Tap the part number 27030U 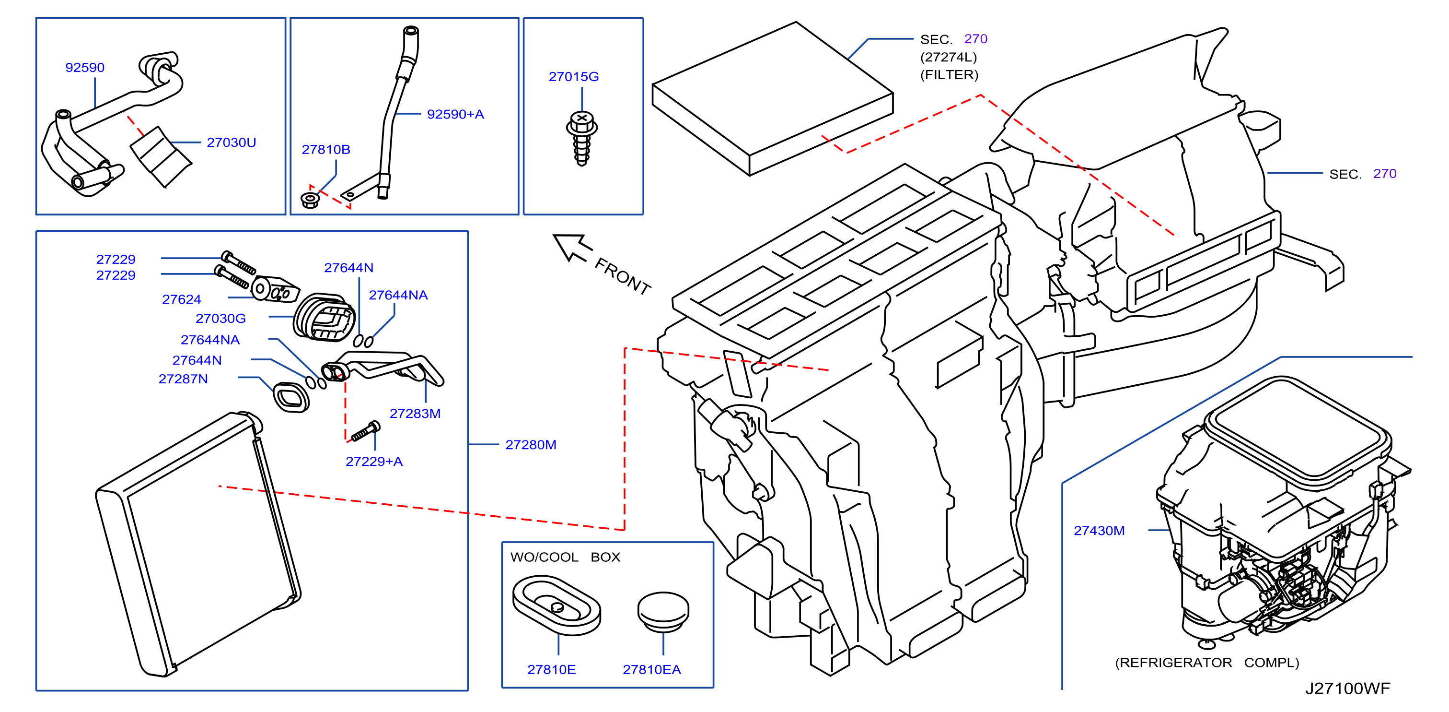pyautogui.click(x=231, y=142)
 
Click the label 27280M pyautogui.click(x=531, y=445)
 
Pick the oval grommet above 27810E pyautogui.click(x=556, y=605)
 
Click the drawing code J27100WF pyautogui.click(x=1347, y=688)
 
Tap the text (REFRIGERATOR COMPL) pyautogui.click(x=1206, y=663)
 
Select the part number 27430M pyautogui.click(x=1099, y=531)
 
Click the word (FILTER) pyautogui.click(x=949, y=75)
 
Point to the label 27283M pyautogui.click(x=415, y=414)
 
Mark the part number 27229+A pyautogui.click(x=374, y=462)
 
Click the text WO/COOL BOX pyautogui.click(x=565, y=557)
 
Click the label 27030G pyautogui.click(x=220, y=319)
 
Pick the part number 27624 pyautogui.click(x=181, y=299)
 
